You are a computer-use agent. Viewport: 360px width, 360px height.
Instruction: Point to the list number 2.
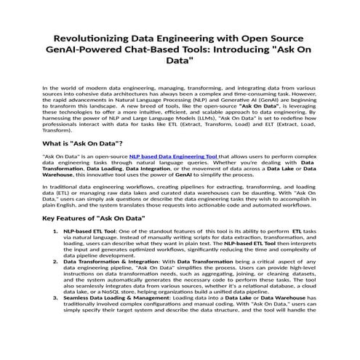click(56, 260)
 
